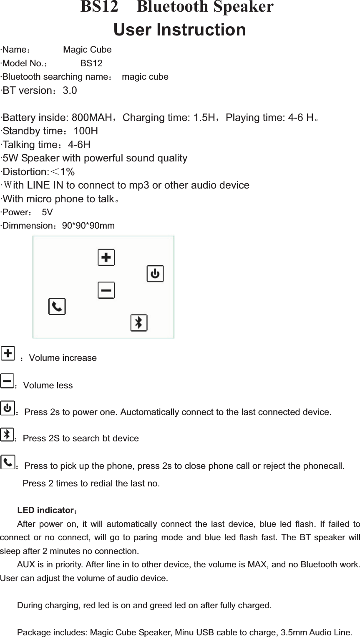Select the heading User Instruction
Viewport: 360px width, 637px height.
(179, 30)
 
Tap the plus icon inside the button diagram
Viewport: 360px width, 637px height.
(106, 257)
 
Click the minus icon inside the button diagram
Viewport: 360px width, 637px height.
(106, 290)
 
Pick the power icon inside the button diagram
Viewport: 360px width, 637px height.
(155, 274)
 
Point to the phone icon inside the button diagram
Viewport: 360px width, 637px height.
(57, 307)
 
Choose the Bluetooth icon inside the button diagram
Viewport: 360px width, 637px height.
(139, 322)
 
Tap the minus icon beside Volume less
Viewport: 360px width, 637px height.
(7, 381)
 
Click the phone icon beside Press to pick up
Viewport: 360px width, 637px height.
(8, 462)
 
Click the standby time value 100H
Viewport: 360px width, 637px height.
(86, 131)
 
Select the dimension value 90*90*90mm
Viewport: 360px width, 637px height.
(88, 226)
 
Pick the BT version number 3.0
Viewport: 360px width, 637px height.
(70, 91)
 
